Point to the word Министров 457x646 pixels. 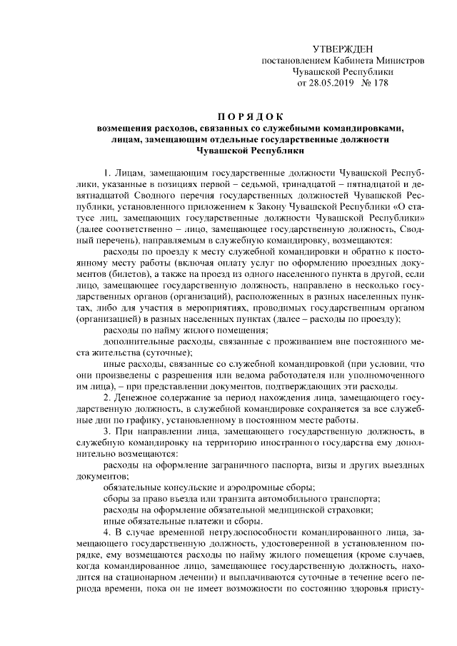click(x=399, y=60)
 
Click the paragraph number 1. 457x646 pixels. click(x=106, y=173)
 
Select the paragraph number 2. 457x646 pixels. click(x=106, y=396)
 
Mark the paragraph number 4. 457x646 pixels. click(x=106, y=533)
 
